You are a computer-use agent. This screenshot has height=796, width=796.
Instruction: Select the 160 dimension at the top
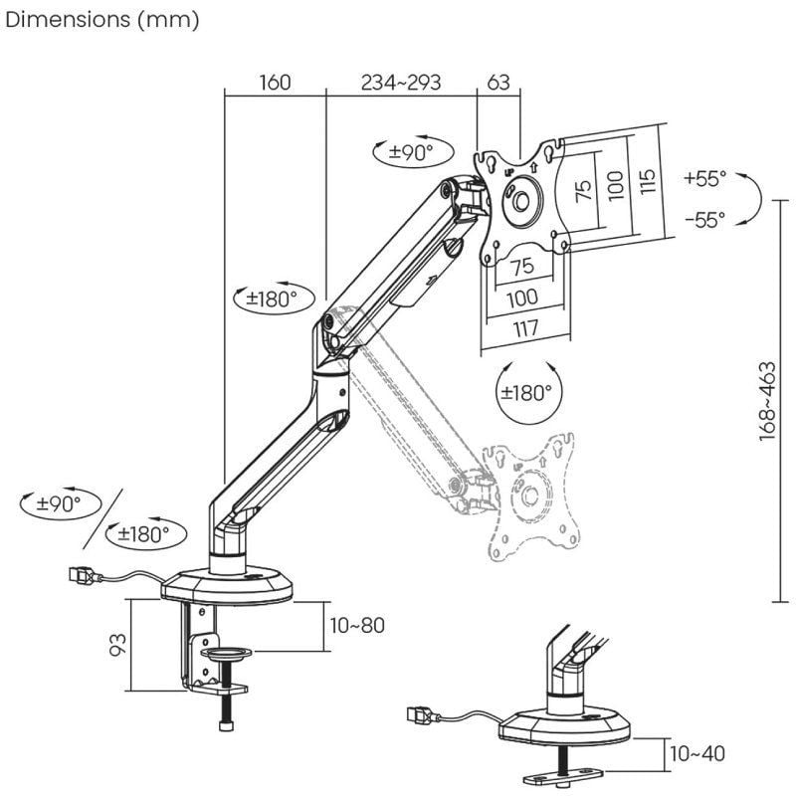pyautogui.click(x=275, y=83)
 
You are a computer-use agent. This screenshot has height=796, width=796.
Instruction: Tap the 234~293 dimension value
pyautogui.click(x=401, y=83)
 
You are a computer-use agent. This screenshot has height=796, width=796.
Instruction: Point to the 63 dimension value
pyautogui.click(x=499, y=83)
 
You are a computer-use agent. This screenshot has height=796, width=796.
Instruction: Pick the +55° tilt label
pyautogui.click(x=705, y=178)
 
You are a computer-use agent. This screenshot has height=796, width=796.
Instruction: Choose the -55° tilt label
pyautogui.click(x=705, y=221)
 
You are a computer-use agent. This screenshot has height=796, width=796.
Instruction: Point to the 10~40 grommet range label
pyautogui.click(x=696, y=753)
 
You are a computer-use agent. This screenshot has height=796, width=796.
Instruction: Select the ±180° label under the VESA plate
pyautogui.click(x=526, y=392)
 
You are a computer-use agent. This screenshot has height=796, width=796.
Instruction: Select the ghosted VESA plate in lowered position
pyautogui.click(x=530, y=493)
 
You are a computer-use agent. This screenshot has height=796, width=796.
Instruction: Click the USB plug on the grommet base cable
pyautogui.click(x=421, y=714)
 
